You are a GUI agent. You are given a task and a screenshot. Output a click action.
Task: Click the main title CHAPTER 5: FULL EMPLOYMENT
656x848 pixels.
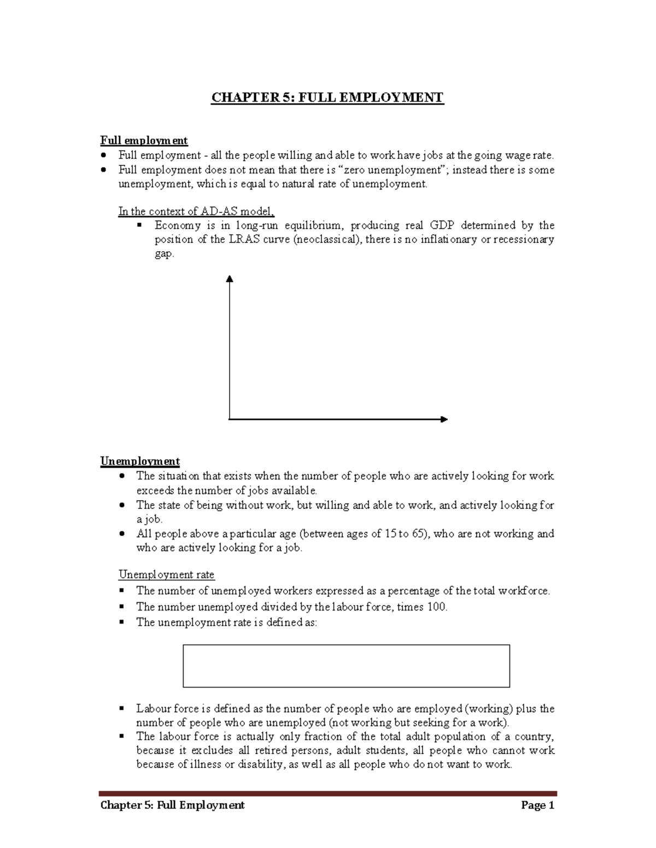click(327, 98)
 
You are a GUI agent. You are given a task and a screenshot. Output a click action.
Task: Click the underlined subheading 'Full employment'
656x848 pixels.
click(144, 141)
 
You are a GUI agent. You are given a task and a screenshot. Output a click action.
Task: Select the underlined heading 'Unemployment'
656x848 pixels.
click(140, 461)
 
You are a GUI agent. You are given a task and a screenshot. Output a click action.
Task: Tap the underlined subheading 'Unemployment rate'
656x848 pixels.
click(167, 574)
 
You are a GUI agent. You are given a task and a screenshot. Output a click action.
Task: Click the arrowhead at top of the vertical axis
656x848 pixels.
click(230, 278)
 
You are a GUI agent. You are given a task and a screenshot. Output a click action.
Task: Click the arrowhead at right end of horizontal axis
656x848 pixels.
click(444, 419)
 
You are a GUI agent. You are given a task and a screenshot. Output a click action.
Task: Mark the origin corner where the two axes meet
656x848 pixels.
click(230, 419)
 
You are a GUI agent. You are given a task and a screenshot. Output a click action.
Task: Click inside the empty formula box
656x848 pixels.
click(346, 666)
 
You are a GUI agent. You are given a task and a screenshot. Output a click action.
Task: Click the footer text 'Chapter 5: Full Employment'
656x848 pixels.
click(172, 805)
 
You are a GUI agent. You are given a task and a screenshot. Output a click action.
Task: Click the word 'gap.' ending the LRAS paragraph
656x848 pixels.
click(164, 253)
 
